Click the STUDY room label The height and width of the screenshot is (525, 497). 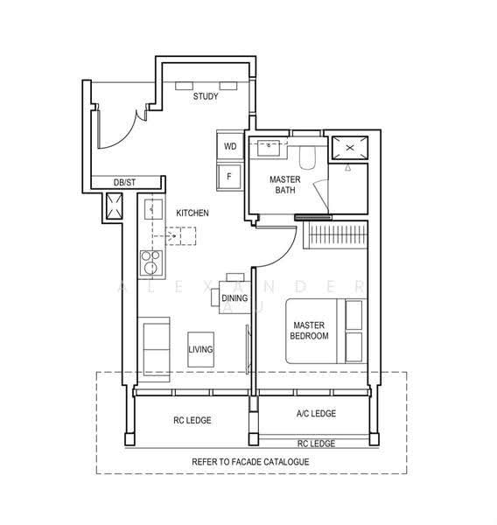coord(206,96)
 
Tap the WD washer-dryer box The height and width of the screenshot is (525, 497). coord(230,146)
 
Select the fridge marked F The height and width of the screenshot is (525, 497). coord(229,177)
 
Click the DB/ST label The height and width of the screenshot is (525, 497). coord(124,183)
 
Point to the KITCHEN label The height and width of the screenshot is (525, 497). coord(192,213)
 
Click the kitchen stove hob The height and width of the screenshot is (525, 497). coord(151,262)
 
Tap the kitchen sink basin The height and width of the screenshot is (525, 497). coord(154,209)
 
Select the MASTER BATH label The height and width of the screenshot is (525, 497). coord(285,185)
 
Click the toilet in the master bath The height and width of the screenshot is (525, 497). coord(307,157)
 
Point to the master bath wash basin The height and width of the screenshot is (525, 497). coord(269,148)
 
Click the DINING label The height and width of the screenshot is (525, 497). coord(234,297)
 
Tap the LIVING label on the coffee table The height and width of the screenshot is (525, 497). coord(200,349)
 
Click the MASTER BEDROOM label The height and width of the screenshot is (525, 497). coord(309,331)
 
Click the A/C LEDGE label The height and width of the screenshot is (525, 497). coord(316,414)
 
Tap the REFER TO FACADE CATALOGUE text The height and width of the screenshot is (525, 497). coord(250,462)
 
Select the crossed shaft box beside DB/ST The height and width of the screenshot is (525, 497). coord(115,206)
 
